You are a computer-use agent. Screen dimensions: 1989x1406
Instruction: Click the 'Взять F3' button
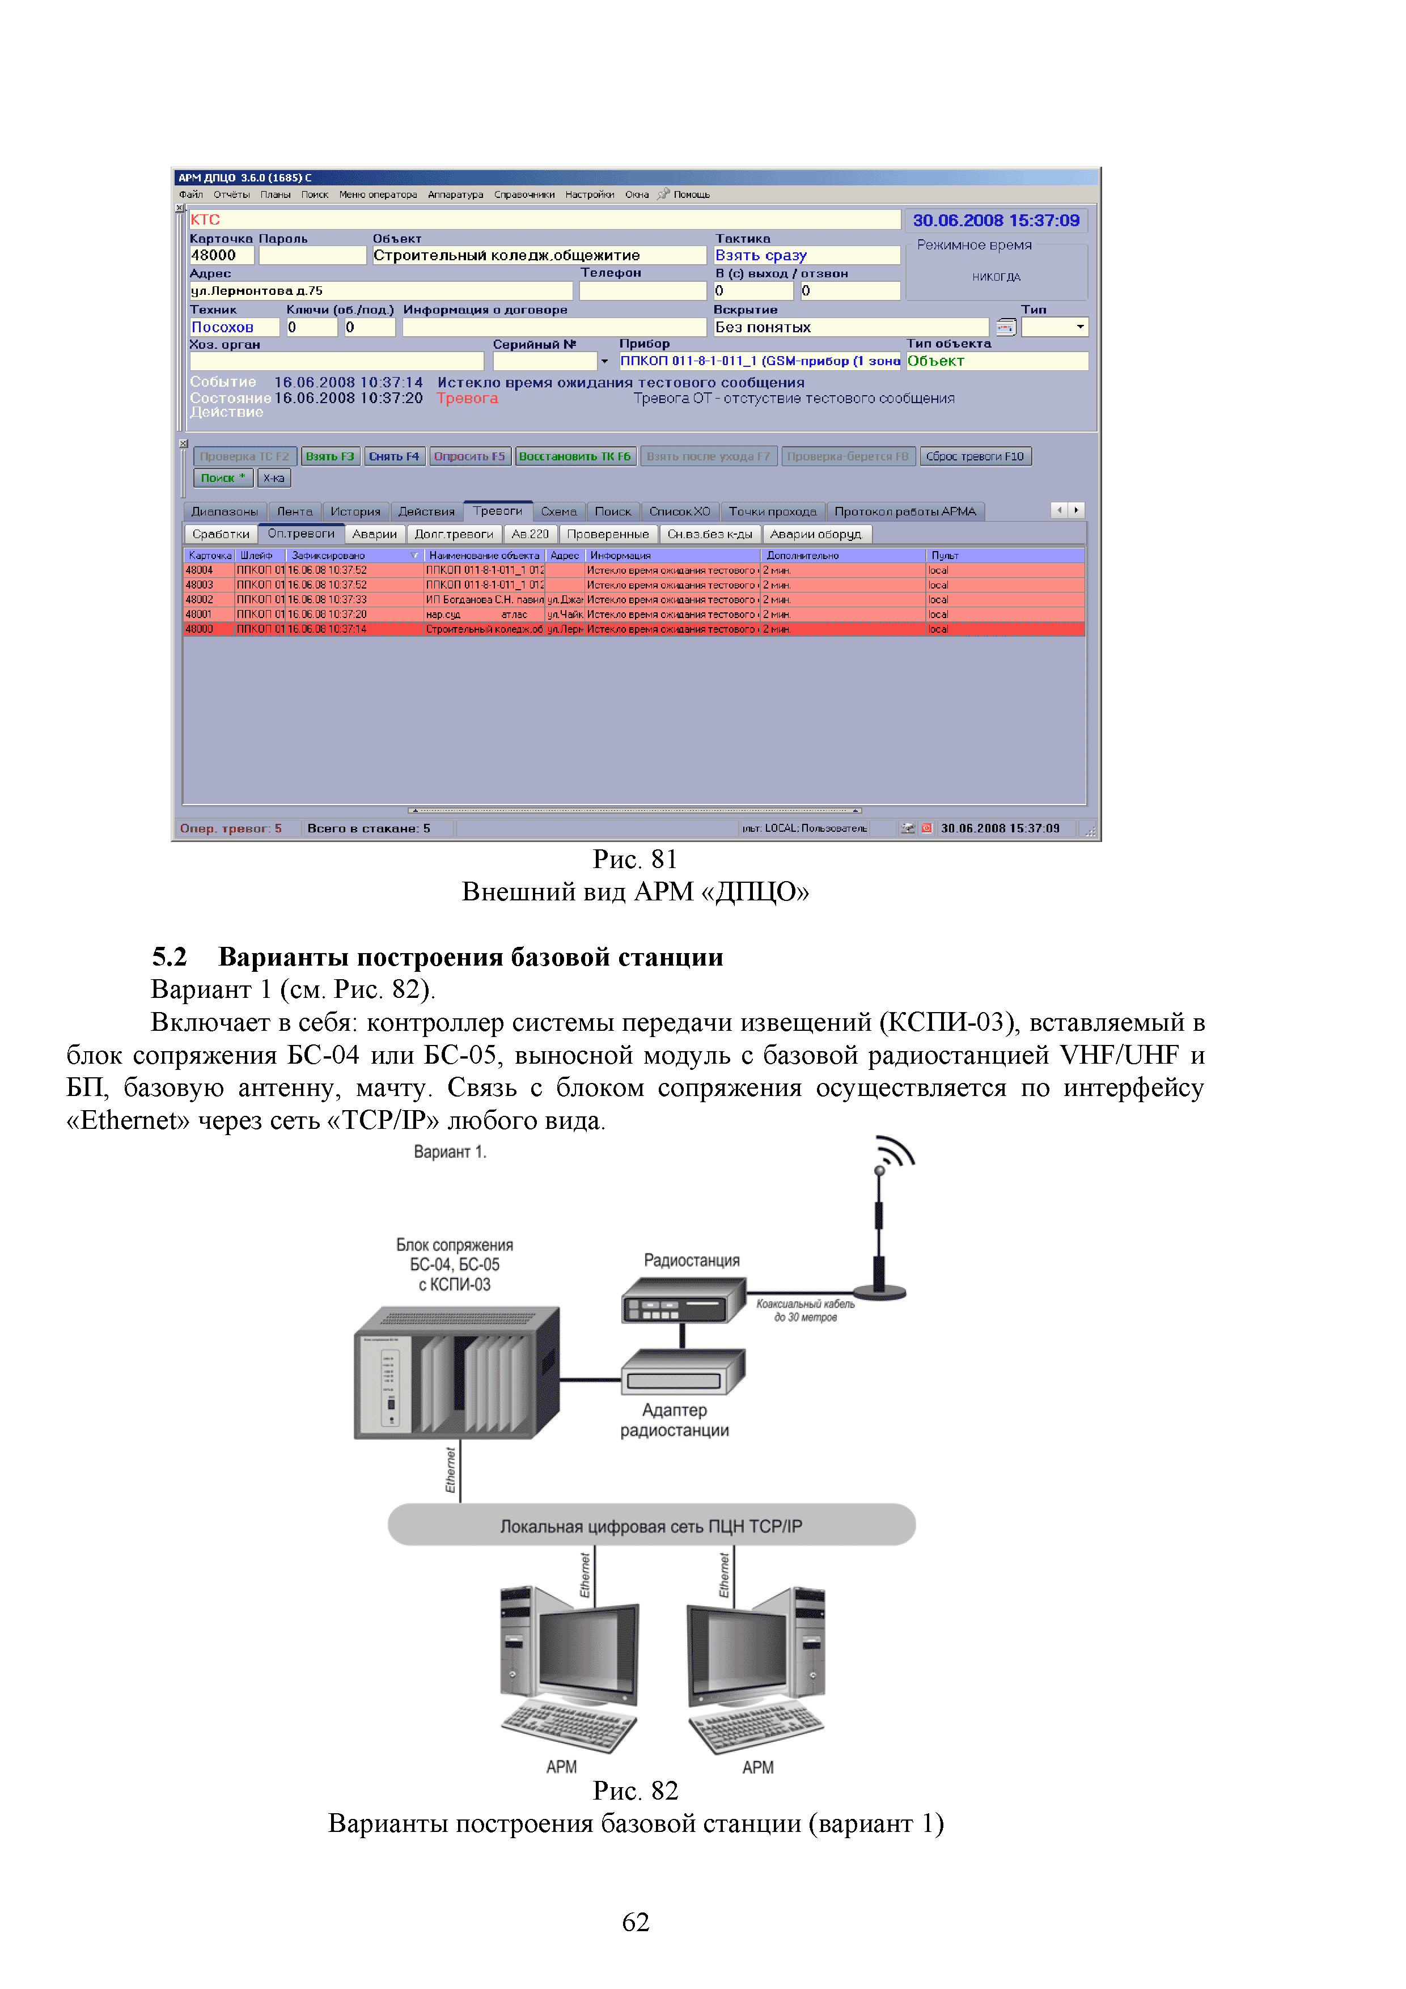329,456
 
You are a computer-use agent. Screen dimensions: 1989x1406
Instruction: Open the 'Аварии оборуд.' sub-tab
816,535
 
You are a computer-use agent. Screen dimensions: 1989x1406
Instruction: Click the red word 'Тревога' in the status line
467,399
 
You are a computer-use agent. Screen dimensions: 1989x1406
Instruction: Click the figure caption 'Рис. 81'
634,860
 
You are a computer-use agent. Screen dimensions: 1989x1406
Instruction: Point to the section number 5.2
170,957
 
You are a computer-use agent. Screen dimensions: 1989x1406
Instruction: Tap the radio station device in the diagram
683,1301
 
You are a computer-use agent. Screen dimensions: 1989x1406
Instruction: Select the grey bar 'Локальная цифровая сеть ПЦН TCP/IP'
651,1526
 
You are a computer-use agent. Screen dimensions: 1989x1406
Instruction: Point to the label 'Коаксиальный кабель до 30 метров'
805,1310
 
